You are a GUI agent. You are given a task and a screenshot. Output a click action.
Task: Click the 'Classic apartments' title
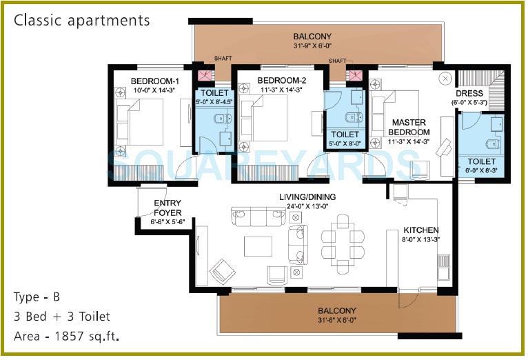tap(82, 20)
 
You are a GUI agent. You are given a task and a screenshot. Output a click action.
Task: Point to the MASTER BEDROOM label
tap(409, 127)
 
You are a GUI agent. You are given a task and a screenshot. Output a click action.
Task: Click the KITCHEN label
tap(421, 230)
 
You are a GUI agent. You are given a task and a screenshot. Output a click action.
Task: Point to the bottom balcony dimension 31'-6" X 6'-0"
tap(337, 320)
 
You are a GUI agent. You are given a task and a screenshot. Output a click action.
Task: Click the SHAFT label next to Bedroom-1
tap(223, 60)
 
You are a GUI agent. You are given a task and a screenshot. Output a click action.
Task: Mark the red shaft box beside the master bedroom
tap(356, 75)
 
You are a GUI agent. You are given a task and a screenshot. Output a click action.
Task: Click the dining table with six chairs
tap(343, 239)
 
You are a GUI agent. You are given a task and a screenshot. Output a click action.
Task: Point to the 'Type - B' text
tap(37, 298)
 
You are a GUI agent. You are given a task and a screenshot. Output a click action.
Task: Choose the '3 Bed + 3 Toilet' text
tap(61, 317)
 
